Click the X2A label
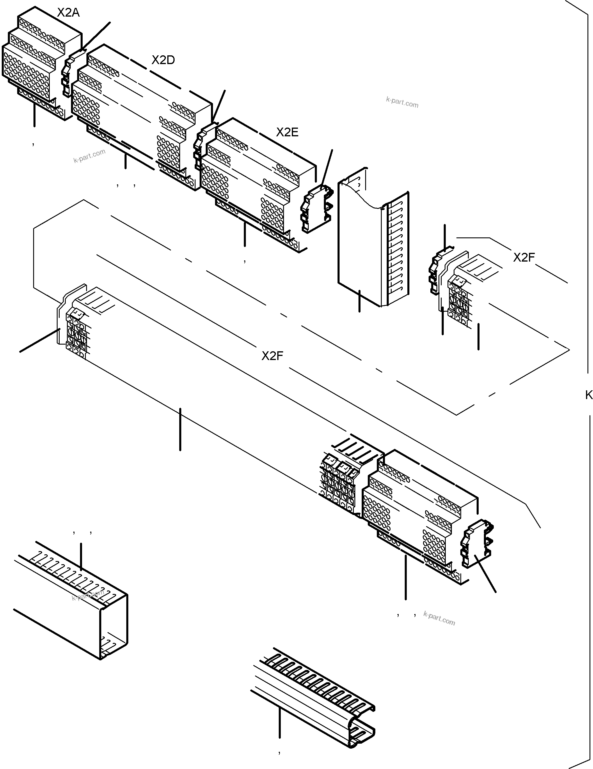[68, 13]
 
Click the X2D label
[163, 60]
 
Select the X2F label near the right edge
[524, 258]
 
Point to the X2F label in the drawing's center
[272, 356]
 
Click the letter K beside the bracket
[589, 395]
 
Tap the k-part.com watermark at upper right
[402, 103]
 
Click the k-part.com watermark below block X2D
[89, 156]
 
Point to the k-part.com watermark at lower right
[439, 618]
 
